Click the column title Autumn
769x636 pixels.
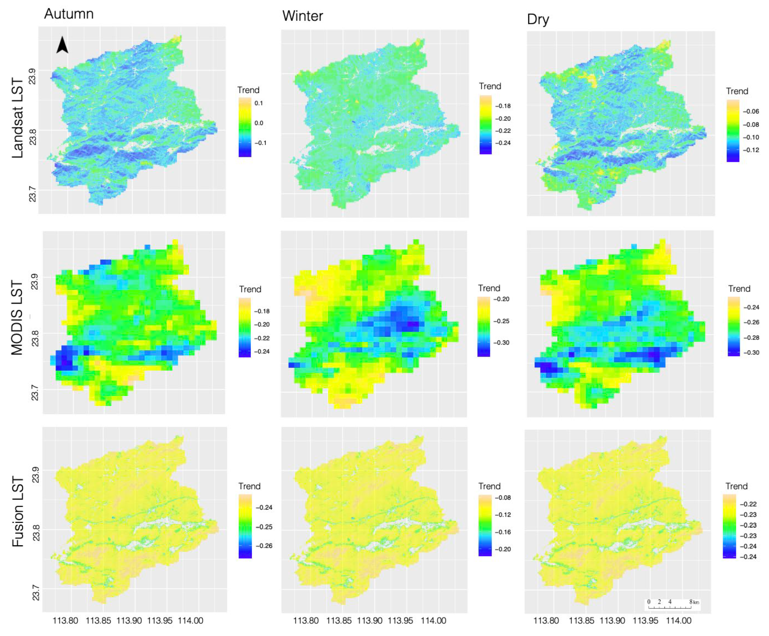(69, 14)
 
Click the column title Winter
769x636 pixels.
(302, 16)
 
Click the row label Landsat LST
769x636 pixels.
(18, 118)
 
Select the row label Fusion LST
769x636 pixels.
(18, 511)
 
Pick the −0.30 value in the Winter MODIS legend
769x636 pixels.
(501, 342)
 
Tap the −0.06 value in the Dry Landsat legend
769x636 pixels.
(751, 111)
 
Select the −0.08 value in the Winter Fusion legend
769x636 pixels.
(503, 498)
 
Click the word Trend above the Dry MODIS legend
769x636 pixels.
(739, 289)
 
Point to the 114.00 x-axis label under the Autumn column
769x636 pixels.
(190, 621)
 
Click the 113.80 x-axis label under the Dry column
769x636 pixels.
(546, 621)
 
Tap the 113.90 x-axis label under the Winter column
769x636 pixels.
(369, 621)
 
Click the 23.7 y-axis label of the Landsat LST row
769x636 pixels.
(33, 194)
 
